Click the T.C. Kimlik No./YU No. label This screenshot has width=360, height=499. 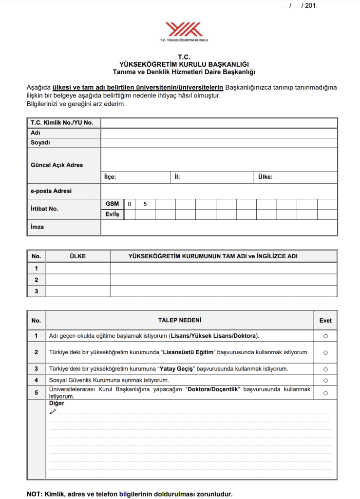pyautogui.click(x=61, y=123)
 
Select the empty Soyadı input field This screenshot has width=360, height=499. pyautogui.click(x=219, y=143)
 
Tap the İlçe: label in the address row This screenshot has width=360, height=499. pyautogui.click(x=110, y=177)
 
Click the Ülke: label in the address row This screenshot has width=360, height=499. pyautogui.click(x=265, y=177)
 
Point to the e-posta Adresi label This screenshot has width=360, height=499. pyautogui.click(x=51, y=191)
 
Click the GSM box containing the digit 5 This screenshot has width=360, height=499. pyautogui.click(x=145, y=204)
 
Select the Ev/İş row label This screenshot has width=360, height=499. pyautogui.click(x=112, y=214)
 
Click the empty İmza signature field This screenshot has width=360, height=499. pyautogui.click(x=219, y=228)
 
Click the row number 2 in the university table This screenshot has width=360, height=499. pyautogui.click(x=36, y=280)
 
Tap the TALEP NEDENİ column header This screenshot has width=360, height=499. pyautogui.click(x=179, y=320)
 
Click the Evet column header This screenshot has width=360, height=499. pyautogui.click(x=325, y=321)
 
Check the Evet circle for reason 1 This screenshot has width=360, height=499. pyautogui.click(x=325, y=336)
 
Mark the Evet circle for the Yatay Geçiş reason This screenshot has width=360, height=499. pyautogui.click(x=325, y=369)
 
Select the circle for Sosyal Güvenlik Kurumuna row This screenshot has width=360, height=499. pyautogui.click(x=325, y=380)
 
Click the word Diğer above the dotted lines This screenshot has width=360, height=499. pyautogui.click(x=57, y=403)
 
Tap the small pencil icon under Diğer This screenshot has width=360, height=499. pyautogui.click(x=53, y=411)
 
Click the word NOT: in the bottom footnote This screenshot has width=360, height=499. pyautogui.click(x=35, y=494)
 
